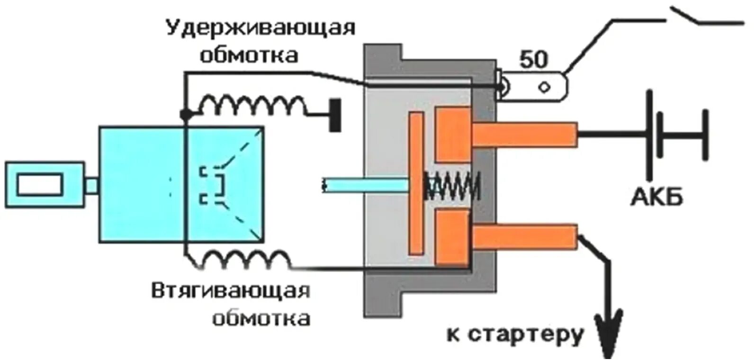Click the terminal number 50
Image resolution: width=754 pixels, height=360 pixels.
(533, 60)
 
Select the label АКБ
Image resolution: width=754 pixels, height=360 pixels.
(656, 197)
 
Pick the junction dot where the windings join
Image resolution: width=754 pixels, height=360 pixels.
(185, 114)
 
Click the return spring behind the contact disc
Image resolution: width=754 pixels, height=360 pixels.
(452, 186)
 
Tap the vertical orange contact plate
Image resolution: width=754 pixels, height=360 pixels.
(416, 183)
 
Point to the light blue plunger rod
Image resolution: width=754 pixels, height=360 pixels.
(365, 185)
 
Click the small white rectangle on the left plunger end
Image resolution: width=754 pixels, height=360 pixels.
(40, 184)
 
